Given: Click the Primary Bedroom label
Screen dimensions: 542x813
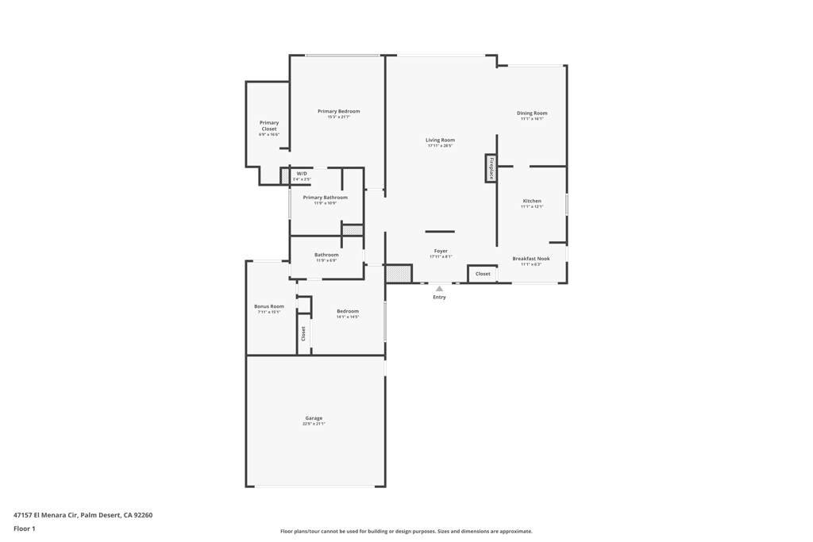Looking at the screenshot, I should click(x=338, y=112).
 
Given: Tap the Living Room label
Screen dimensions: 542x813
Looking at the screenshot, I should click(x=440, y=140).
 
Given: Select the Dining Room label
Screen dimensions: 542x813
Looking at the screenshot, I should click(x=532, y=113).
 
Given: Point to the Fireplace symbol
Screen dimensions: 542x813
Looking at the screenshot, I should click(x=491, y=169).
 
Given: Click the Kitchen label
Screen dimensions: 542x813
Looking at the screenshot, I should click(x=532, y=202).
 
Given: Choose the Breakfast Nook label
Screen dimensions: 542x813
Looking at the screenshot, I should click(x=530, y=259).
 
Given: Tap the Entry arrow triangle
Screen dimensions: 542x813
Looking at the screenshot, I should click(x=439, y=289).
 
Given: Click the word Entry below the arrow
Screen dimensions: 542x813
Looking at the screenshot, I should click(x=439, y=298).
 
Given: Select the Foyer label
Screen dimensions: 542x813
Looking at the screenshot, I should click(x=441, y=252).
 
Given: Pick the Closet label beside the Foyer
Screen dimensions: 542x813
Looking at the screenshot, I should click(x=483, y=274).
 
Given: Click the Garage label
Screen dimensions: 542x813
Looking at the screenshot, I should click(x=314, y=418).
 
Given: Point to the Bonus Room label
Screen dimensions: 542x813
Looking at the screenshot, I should click(x=269, y=306).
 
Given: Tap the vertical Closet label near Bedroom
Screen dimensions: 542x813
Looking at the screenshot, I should click(x=303, y=334).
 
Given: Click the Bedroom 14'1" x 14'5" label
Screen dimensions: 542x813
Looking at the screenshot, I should click(x=348, y=312).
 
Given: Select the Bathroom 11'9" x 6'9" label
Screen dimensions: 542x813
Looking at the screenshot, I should click(x=326, y=256).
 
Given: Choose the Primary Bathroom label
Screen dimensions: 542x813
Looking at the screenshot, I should click(x=325, y=198).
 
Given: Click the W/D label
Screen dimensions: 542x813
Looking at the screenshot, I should click(x=302, y=174).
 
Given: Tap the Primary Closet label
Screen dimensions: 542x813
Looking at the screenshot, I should click(x=269, y=126).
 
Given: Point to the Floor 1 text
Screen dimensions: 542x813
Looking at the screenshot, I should click(x=25, y=529).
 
